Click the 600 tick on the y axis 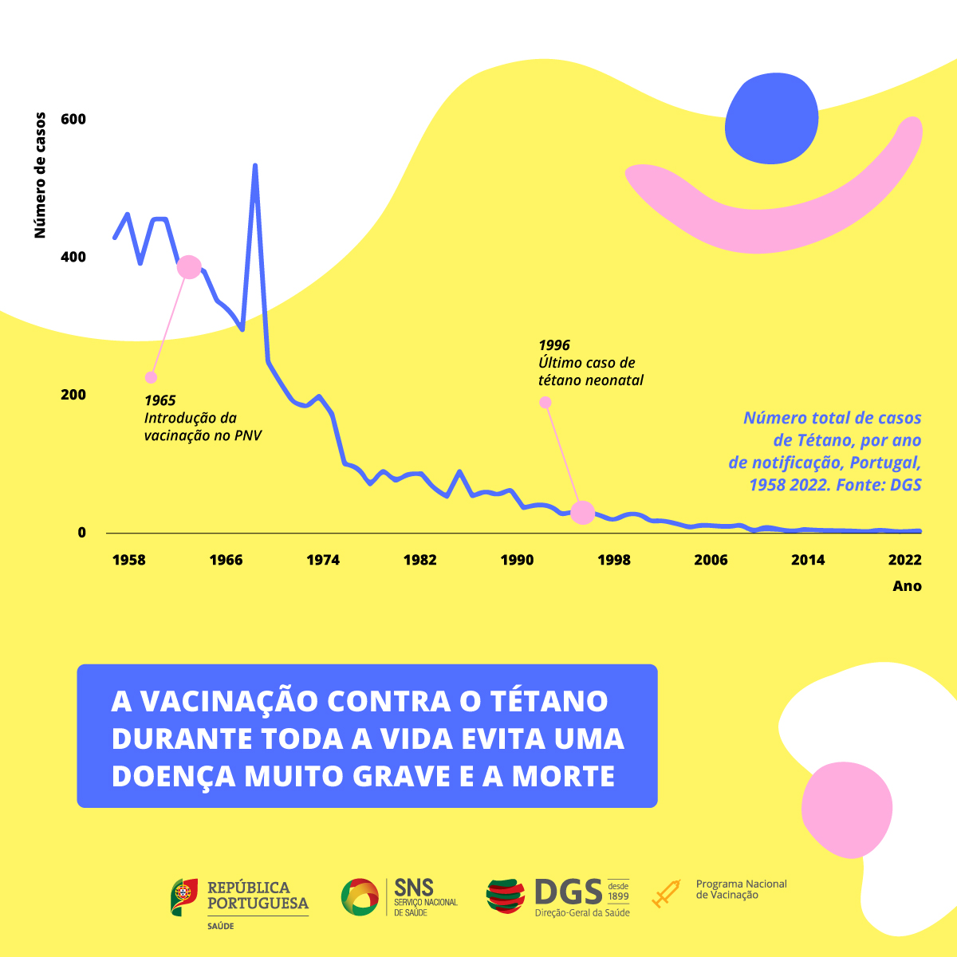coord(73,120)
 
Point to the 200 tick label coord(73,395)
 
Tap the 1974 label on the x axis coord(323,560)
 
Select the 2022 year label coord(904,560)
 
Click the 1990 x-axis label coord(517,560)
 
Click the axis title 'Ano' coord(907,586)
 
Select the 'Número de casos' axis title coord(40,175)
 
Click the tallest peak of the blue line coord(254,166)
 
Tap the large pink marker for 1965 coord(188,267)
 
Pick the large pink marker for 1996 coord(583,513)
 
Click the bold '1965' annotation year coord(159,400)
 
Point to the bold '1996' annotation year coord(554,345)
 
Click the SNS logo coord(399,897)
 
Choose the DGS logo coord(557,897)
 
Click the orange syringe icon coord(666,894)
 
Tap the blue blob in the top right coord(771,118)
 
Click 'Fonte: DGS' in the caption coord(878,484)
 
